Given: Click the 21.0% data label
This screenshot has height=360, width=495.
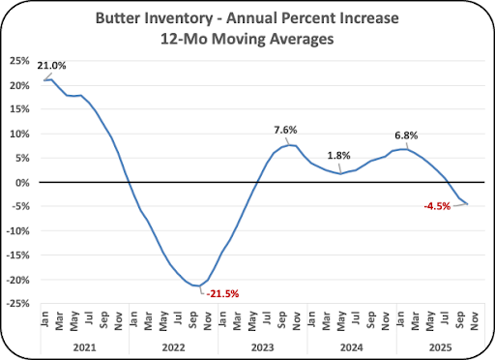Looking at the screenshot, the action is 51,66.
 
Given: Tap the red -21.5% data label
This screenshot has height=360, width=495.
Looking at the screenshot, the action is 222,294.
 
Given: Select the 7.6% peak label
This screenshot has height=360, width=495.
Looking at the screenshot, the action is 285,130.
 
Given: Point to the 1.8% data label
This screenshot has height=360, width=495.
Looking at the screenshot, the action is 338,156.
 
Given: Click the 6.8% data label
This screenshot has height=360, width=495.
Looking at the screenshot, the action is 406,135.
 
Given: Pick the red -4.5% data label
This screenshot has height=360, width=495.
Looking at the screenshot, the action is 437,206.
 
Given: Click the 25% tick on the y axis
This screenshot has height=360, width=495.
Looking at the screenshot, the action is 19,61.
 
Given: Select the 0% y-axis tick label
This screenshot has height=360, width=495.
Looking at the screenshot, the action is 22,183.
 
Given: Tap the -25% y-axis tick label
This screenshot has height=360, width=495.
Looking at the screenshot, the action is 17,304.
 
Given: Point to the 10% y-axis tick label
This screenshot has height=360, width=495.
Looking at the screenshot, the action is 19,134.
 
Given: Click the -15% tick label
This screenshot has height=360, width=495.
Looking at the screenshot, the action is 17,255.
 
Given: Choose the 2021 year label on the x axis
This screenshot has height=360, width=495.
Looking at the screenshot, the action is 84,347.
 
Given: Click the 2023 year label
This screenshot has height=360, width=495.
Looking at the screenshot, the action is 263,347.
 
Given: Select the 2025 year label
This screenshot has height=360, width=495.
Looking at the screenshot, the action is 441,347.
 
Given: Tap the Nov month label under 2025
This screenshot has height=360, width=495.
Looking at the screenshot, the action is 475,320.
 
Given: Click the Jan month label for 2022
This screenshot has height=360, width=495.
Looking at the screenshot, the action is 133,318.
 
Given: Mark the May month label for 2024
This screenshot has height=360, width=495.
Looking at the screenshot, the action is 341,321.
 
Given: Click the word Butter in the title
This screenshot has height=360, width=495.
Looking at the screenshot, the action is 118,18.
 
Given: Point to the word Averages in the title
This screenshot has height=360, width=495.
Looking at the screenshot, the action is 302,39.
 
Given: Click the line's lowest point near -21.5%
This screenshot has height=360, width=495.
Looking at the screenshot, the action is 200,285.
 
